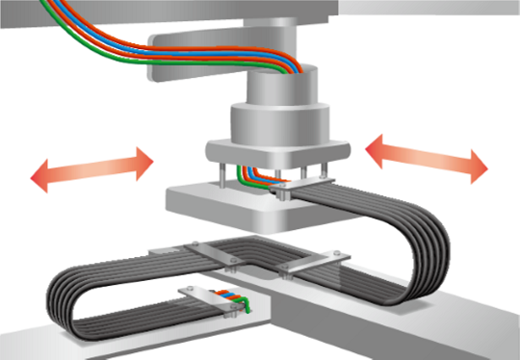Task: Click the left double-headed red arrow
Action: point(91,169)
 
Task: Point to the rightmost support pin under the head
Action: point(326,174)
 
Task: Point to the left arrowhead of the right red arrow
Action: point(378,147)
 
